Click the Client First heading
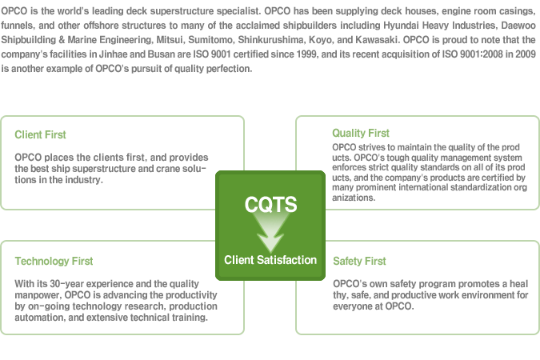[40, 134]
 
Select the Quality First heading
[361, 133]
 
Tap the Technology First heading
[54, 261]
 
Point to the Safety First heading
[359, 261]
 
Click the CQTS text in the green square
[270, 204]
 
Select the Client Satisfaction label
[270, 260]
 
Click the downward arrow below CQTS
[270, 231]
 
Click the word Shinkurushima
[270, 40]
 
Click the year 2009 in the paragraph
[525, 54]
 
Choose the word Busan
[161, 54]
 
